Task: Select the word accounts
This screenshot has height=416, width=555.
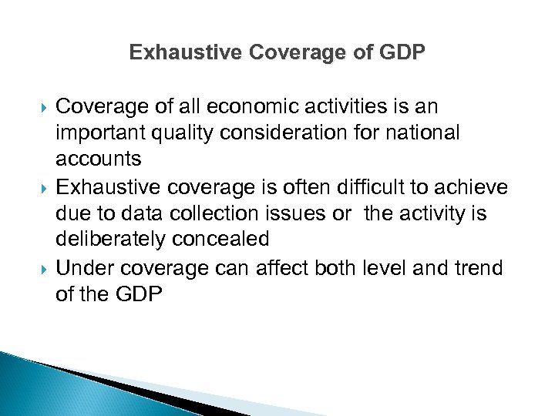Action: click(x=99, y=159)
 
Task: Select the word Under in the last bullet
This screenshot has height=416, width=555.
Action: click(x=82, y=267)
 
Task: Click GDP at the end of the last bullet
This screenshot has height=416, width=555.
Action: click(x=139, y=294)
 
